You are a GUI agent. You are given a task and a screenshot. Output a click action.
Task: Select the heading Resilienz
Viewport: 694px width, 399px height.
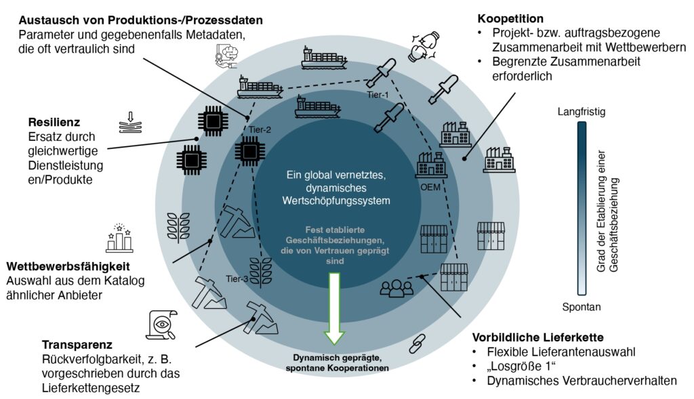coord(54,122)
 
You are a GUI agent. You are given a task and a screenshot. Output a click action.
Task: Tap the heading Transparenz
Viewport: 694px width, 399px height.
coord(77,345)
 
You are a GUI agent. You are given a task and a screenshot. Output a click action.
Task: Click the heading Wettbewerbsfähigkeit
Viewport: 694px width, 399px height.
coord(68,267)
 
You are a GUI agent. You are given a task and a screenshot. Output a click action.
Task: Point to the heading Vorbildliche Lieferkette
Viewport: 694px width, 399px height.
coord(537,337)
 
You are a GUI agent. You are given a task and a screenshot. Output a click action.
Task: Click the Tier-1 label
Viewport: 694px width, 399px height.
coord(377,95)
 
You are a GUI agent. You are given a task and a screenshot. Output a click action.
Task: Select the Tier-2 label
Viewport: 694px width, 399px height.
coord(260,130)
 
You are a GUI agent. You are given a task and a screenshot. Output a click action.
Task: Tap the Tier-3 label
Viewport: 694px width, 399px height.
coord(237,278)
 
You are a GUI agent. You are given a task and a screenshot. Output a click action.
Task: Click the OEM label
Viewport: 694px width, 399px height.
coord(430,187)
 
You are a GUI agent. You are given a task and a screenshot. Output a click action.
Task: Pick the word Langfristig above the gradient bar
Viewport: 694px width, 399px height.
coord(581,112)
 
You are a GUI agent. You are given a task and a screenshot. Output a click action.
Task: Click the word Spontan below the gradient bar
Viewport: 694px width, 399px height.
coord(581,307)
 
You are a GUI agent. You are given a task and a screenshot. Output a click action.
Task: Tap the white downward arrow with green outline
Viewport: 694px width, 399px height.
coord(335,308)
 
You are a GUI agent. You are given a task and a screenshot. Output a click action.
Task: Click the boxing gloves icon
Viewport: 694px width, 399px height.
coord(424,46)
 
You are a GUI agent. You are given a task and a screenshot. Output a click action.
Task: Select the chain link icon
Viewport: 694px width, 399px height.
coord(417,343)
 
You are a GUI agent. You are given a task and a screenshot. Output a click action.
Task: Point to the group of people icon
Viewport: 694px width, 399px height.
coord(396,287)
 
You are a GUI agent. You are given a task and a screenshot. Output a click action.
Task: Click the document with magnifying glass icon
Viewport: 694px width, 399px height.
coord(161,325)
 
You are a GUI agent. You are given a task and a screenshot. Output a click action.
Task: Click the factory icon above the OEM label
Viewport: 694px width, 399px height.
coord(430,165)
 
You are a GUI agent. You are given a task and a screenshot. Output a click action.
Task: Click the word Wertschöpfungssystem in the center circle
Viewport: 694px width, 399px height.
coord(336,201)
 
